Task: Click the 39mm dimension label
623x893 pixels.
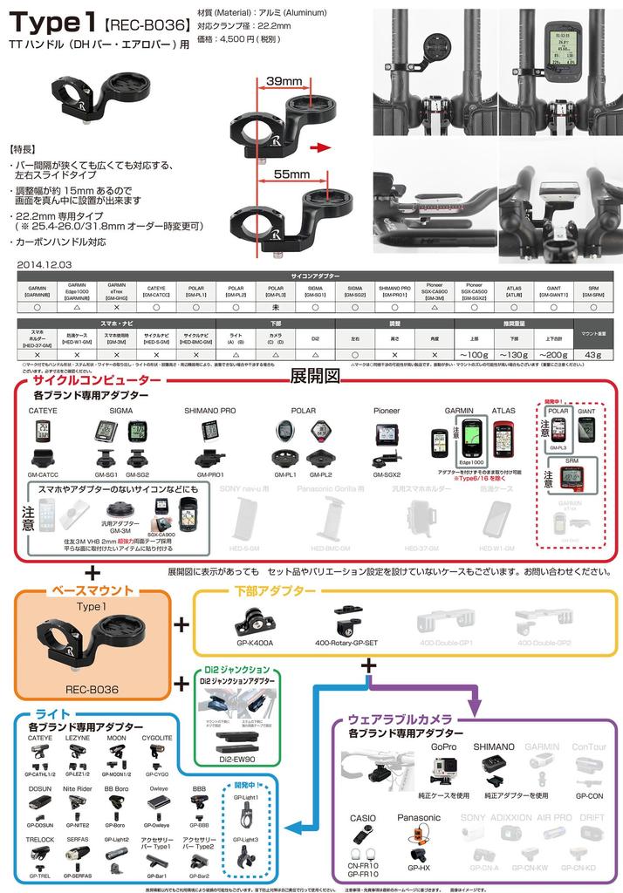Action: (284, 82)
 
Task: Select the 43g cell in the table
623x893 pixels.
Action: (593, 354)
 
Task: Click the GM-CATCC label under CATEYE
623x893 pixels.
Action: (43, 475)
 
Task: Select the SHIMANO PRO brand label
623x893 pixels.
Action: (210, 409)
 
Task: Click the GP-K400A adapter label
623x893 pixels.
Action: (254, 643)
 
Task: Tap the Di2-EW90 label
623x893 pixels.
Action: (236, 759)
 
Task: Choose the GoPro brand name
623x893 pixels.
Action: (443, 747)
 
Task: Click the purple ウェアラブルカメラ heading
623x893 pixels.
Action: (400, 719)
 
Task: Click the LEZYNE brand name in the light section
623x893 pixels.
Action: (79, 738)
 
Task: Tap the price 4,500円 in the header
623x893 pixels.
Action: (238, 39)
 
